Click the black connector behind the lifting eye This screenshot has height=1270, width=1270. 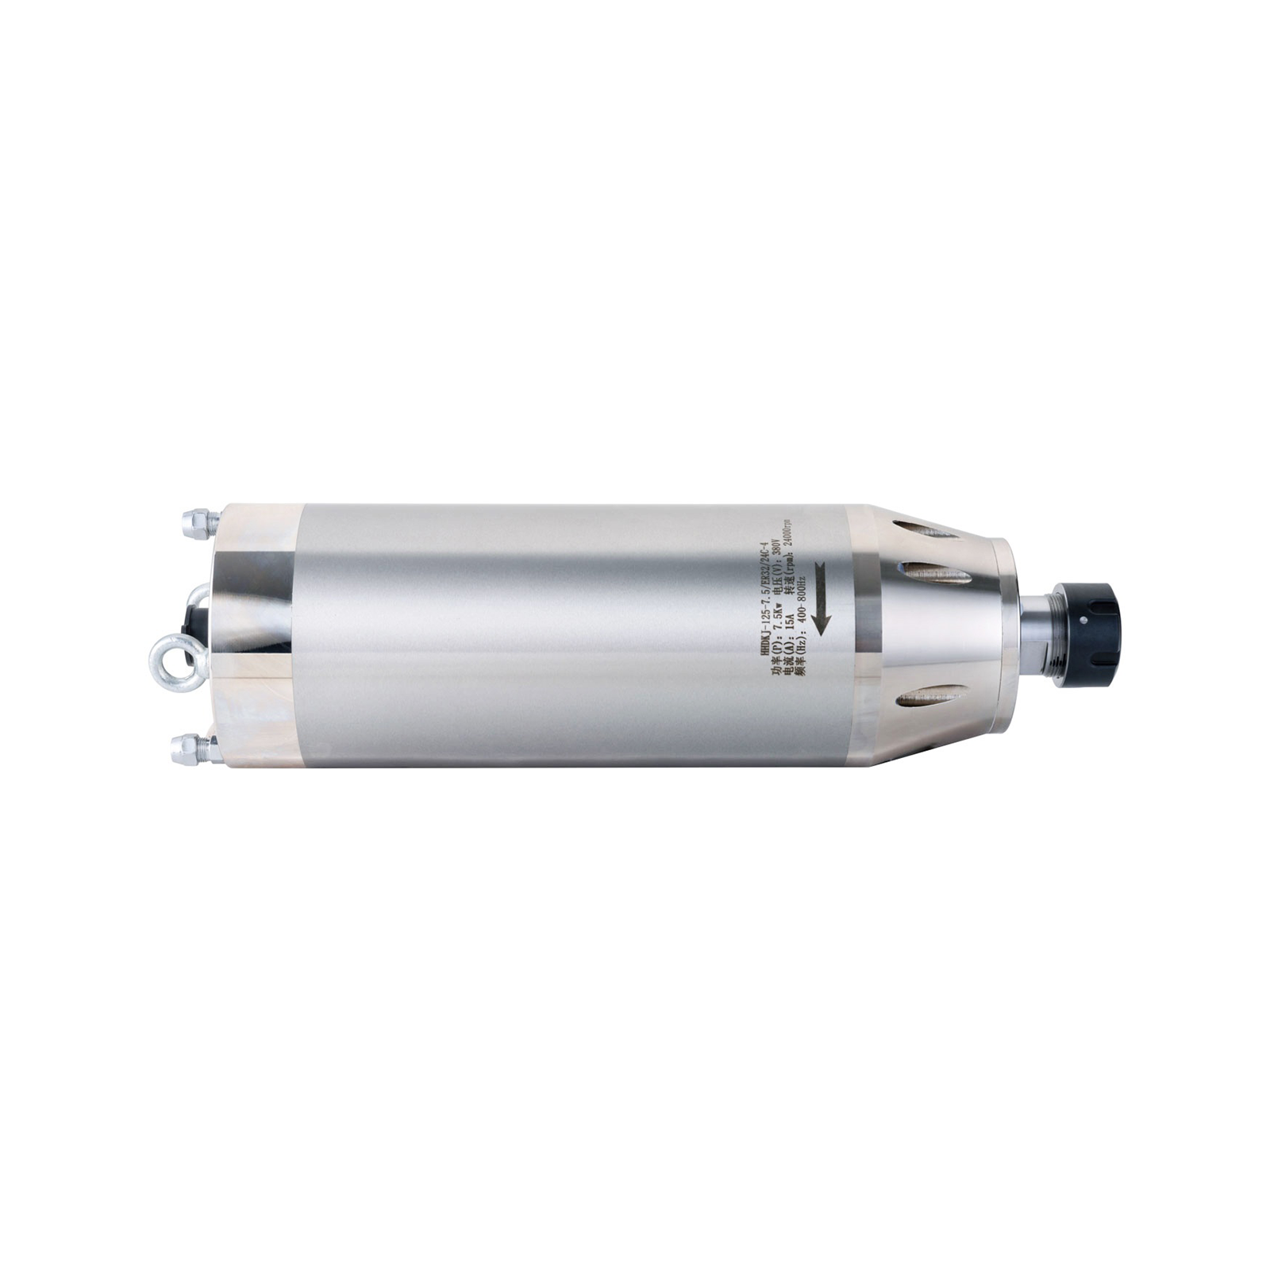pyautogui.click(x=192, y=624)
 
